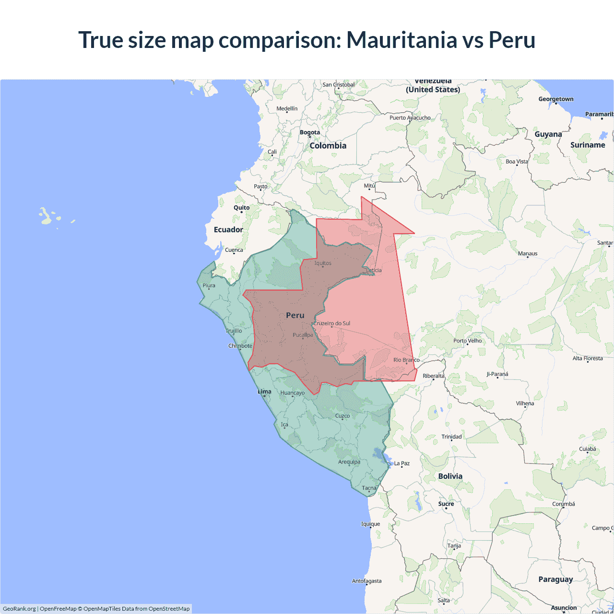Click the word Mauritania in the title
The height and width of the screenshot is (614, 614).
coord(402,40)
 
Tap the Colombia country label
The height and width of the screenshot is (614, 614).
coord(328,146)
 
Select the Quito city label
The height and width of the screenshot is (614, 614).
coord(241,208)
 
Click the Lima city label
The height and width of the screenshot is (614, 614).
coord(264,392)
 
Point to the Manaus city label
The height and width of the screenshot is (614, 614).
coord(528,253)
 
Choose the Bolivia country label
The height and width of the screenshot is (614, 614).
coord(450,476)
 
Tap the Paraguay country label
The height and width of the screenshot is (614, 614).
coord(555,579)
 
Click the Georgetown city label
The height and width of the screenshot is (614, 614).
coord(555,99)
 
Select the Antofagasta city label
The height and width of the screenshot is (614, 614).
coord(366,581)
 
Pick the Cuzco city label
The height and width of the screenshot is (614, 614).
coord(342,416)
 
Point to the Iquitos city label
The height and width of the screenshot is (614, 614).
coord(323,263)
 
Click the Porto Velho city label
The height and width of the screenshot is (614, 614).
coord(467,341)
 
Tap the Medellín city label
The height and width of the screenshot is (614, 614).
coord(287,108)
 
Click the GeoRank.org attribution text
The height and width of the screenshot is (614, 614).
coord(19,609)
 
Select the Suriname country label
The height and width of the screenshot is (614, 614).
coord(588,145)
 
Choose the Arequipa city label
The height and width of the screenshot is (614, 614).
coord(349,462)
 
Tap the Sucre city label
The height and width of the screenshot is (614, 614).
coord(446,504)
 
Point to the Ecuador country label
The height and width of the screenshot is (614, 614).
coord(228,230)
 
